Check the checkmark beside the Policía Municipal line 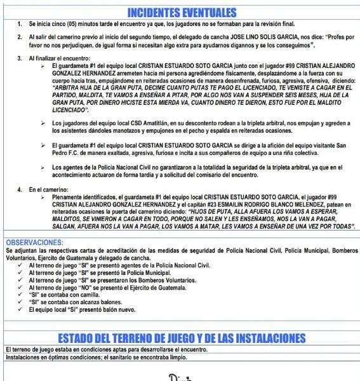[23, 272]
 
